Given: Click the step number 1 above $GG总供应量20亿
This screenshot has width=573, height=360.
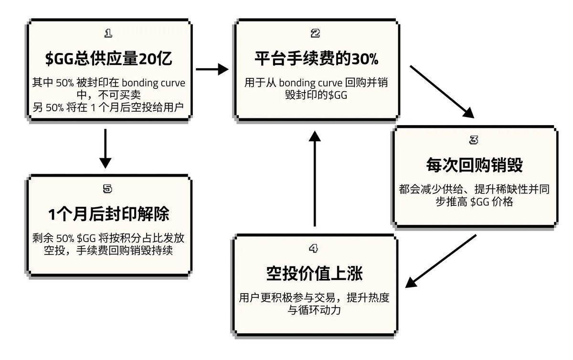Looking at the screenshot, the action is pyautogui.click(x=108, y=33).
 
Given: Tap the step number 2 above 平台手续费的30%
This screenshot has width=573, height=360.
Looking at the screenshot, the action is pyautogui.click(x=316, y=33).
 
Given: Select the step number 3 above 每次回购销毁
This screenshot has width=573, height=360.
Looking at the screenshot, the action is pyautogui.click(x=474, y=140).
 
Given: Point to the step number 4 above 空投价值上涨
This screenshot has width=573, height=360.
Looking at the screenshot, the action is pyautogui.click(x=314, y=248).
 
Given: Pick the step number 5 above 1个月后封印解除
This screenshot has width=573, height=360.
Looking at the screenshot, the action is pyautogui.click(x=107, y=189).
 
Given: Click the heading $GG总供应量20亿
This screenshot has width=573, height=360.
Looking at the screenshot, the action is pyautogui.click(x=109, y=59).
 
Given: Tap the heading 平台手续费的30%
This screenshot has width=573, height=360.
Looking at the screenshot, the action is pyautogui.click(x=317, y=59).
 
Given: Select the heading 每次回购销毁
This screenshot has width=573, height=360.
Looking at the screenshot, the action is pyautogui.click(x=475, y=165).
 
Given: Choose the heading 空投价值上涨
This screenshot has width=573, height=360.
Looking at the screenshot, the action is pyautogui.click(x=314, y=273).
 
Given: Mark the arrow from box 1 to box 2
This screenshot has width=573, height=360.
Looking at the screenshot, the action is pyautogui.click(x=212, y=69).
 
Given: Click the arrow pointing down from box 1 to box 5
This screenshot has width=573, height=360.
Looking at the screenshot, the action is pyautogui.click(x=105, y=149).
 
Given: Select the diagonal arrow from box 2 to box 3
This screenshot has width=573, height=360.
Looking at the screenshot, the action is pyautogui.click(x=442, y=92).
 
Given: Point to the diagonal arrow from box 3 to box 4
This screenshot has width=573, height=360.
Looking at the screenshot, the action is pyautogui.click(x=441, y=261).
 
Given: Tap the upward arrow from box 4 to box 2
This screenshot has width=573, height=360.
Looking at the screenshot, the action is pyautogui.click(x=315, y=179).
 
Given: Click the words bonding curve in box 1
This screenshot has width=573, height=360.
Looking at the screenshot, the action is pyautogui.click(x=153, y=83).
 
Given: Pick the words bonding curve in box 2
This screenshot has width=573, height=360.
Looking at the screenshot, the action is pyautogui.click(x=310, y=83).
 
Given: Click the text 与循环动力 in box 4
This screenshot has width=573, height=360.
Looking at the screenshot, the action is pyautogui.click(x=314, y=310).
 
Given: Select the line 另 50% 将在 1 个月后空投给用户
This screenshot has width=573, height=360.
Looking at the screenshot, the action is pyautogui.click(x=108, y=107).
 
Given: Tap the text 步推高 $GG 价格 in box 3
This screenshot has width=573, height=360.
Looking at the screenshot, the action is pyautogui.click(x=474, y=201).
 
